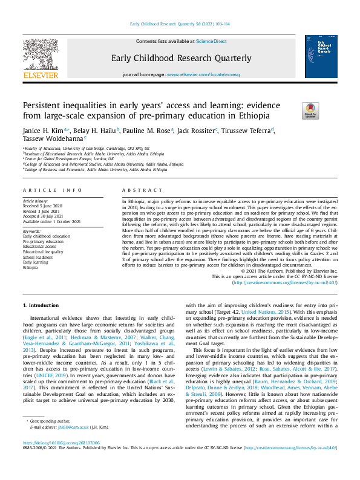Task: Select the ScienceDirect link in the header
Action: point(211,41)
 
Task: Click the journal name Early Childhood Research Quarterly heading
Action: point(180,59)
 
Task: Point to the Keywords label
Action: point(31,231)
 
